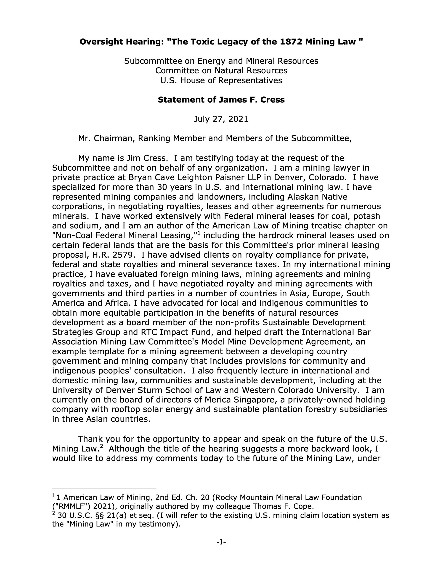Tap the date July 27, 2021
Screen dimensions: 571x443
tap(221, 119)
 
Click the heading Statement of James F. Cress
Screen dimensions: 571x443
tap(221, 100)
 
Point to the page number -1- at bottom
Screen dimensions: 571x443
tap(221, 542)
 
